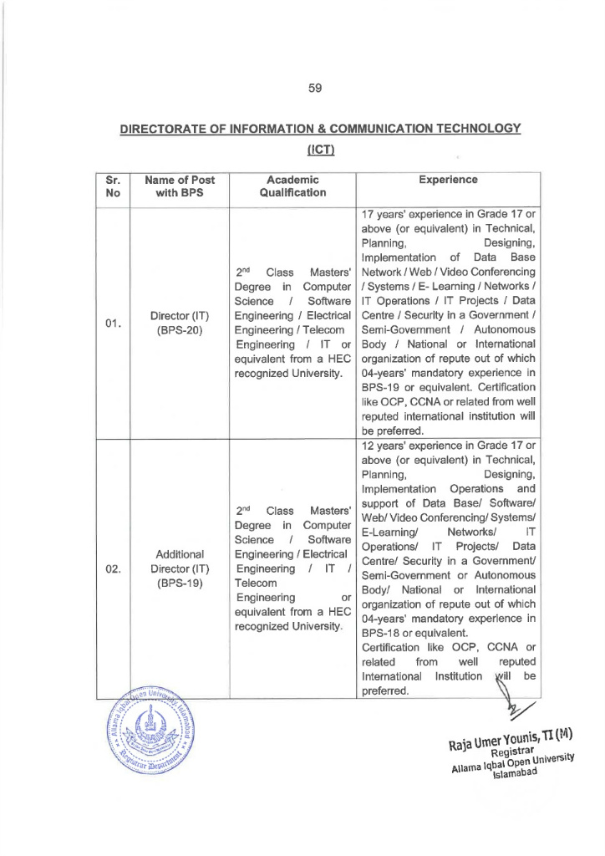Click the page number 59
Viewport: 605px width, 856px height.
pyautogui.click(x=315, y=87)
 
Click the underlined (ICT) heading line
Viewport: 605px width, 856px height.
pyautogui.click(x=321, y=150)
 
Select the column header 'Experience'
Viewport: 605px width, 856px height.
pyautogui.click(x=449, y=179)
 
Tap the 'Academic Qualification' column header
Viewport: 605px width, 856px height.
pyautogui.click(x=291, y=186)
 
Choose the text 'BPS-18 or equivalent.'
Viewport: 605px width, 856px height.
pyautogui.click(x=409, y=634)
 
